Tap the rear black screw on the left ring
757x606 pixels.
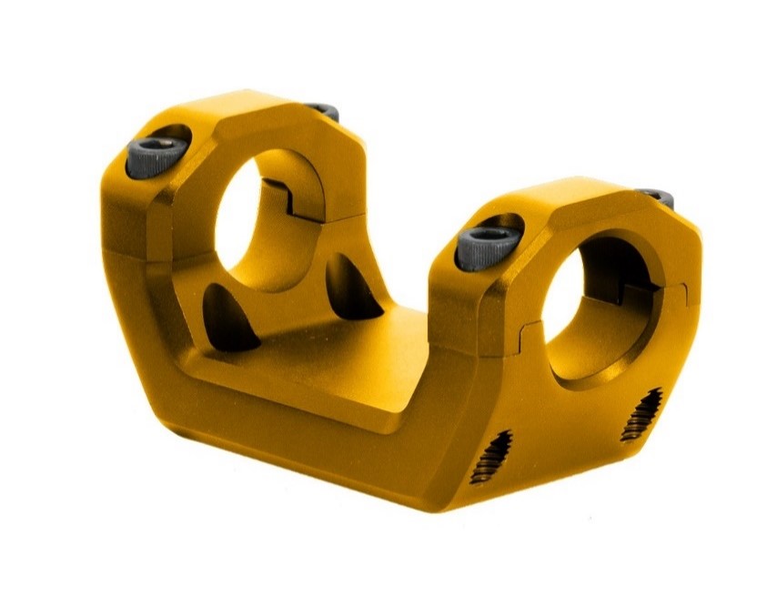(323, 112)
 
